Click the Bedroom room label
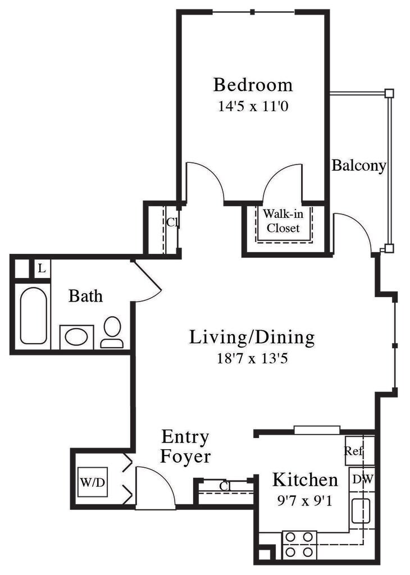click(x=253, y=85)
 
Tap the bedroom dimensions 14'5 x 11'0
click(x=253, y=106)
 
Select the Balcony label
click(x=359, y=166)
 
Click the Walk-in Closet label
click(x=283, y=221)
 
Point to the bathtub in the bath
click(x=33, y=316)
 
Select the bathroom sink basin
click(x=76, y=337)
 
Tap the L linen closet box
click(x=42, y=269)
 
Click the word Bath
click(x=86, y=296)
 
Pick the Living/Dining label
click(x=252, y=337)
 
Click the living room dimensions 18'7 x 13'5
click(x=252, y=358)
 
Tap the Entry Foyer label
click(x=185, y=446)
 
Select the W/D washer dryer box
click(x=93, y=482)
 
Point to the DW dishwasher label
click(x=362, y=479)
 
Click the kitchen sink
click(x=361, y=510)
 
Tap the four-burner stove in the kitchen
click(x=299, y=545)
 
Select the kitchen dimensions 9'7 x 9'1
click(x=305, y=500)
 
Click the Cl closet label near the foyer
click(x=225, y=486)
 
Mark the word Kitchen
click(x=305, y=480)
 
